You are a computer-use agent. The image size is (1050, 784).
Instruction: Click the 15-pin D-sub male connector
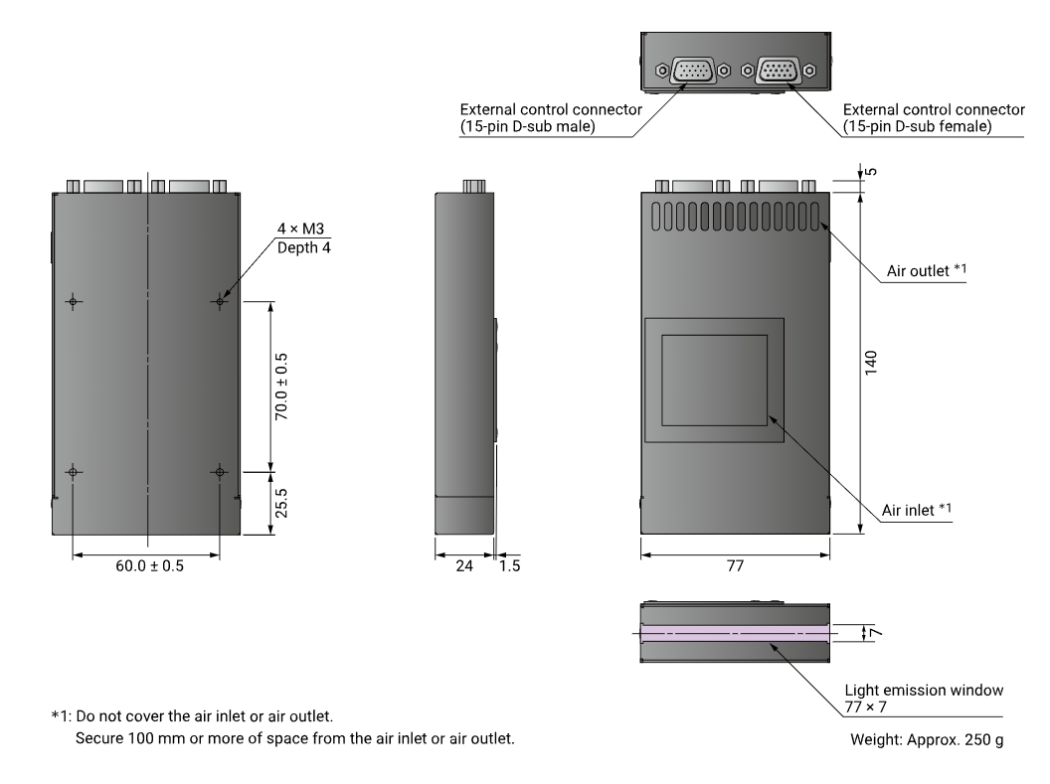coord(692,71)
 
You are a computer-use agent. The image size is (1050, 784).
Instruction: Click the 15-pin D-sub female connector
coord(779,71)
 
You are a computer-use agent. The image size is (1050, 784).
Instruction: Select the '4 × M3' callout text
coord(300,229)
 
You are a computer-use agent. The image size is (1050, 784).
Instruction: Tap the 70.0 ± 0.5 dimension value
coord(282,387)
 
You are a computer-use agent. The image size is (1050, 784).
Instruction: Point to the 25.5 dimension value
coord(282,503)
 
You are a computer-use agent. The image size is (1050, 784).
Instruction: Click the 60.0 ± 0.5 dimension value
coord(149,566)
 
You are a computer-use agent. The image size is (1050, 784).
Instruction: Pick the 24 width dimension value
coord(464,566)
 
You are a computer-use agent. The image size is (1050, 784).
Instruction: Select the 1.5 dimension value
coord(510,566)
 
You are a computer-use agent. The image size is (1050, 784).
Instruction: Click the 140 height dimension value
coord(871,363)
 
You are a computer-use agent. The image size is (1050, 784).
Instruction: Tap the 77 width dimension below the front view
coord(735,566)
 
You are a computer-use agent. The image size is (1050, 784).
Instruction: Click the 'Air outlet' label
coord(927,270)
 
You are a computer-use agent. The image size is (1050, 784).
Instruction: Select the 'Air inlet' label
coord(916,510)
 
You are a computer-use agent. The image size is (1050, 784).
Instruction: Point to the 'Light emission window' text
coord(924,691)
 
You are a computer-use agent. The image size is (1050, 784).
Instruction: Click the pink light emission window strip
coord(735,633)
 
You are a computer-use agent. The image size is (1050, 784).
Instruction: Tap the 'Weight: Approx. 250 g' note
coord(927,740)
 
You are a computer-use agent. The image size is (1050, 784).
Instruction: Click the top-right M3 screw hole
coord(220,302)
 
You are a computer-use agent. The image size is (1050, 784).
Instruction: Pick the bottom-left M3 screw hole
coord(73,472)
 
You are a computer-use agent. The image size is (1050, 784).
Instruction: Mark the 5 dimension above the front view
coord(871,172)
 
